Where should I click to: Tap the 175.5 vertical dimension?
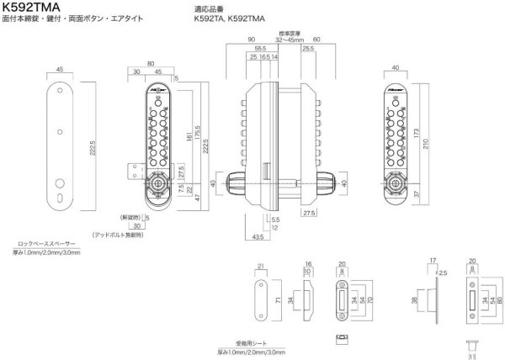click(198, 135)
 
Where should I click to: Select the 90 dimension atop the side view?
click(251, 39)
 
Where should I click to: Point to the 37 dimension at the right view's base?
click(428, 195)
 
